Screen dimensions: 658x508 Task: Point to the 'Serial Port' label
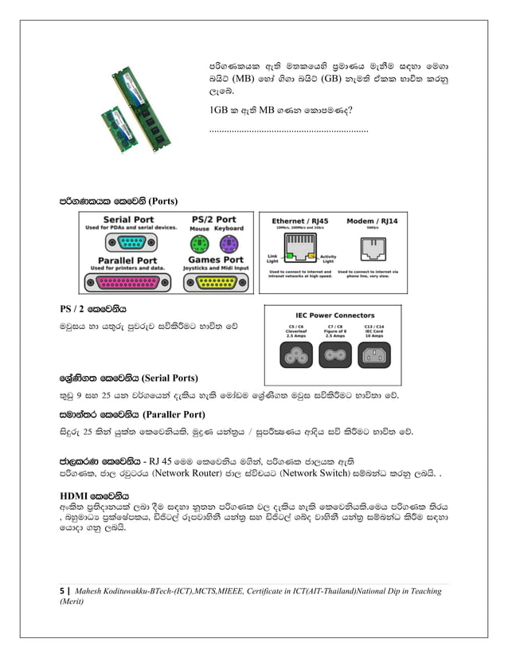tap(128, 220)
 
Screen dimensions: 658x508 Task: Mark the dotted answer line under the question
tap(287, 129)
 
